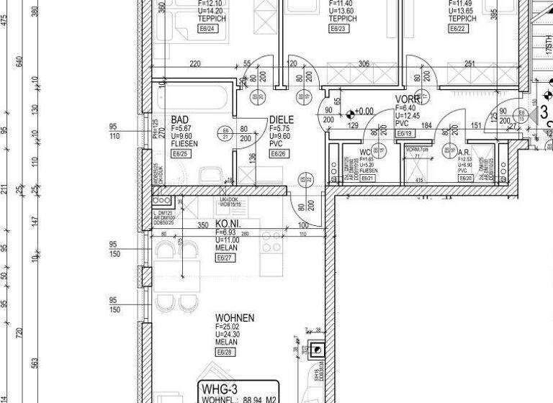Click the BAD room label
pyautogui.click(x=179, y=119)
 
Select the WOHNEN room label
pyautogui.click(x=235, y=317)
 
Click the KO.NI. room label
pyautogui.click(x=228, y=225)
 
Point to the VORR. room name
pyautogui.click(x=408, y=99)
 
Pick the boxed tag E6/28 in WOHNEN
pyautogui.click(x=224, y=352)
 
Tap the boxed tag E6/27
pyautogui.click(x=224, y=258)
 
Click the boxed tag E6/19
pyautogui.click(x=404, y=133)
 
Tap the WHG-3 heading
pyautogui.click(x=219, y=389)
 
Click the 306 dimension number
pyautogui.click(x=364, y=64)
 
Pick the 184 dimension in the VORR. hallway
pyautogui.click(x=427, y=126)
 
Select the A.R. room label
pyautogui.click(x=464, y=153)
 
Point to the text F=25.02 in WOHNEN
pyautogui.click(x=228, y=327)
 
